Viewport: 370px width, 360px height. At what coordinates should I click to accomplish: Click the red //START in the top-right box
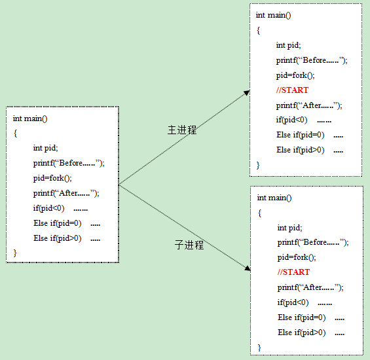click(292, 90)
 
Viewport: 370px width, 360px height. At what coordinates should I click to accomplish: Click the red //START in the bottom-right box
click(293, 272)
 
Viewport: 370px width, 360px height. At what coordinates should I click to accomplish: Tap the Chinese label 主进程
click(182, 130)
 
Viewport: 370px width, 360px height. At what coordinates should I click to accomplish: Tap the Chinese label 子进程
click(189, 245)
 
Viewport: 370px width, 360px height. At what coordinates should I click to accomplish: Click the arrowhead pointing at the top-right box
click(247, 92)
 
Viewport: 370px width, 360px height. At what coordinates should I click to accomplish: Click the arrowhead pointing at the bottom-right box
click(248, 268)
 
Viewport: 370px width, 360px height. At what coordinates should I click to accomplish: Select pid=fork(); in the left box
click(52, 178)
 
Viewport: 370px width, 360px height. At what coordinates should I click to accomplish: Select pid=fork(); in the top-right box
click(295, 75)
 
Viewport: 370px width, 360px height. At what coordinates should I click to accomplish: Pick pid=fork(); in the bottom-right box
click(297, 257)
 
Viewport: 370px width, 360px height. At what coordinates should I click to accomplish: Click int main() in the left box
click(30, 118)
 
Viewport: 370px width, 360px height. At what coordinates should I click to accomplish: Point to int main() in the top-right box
click(273, 15)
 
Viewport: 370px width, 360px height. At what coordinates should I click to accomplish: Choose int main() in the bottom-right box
click(274, 198)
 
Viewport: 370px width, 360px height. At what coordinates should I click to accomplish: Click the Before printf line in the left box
click(69, 163)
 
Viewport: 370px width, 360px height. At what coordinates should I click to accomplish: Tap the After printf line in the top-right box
click(309, 105)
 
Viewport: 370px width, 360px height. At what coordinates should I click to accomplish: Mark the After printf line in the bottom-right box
click(310, 287)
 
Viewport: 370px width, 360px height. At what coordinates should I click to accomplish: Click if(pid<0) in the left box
click(48, 208)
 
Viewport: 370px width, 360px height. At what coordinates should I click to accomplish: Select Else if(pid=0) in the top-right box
click(301, 135)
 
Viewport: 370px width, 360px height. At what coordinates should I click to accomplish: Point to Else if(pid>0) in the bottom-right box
click(302, 333)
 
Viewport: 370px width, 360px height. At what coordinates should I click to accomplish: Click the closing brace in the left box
click(15, 253)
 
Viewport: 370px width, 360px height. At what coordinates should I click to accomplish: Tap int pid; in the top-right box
click(288, 45)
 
